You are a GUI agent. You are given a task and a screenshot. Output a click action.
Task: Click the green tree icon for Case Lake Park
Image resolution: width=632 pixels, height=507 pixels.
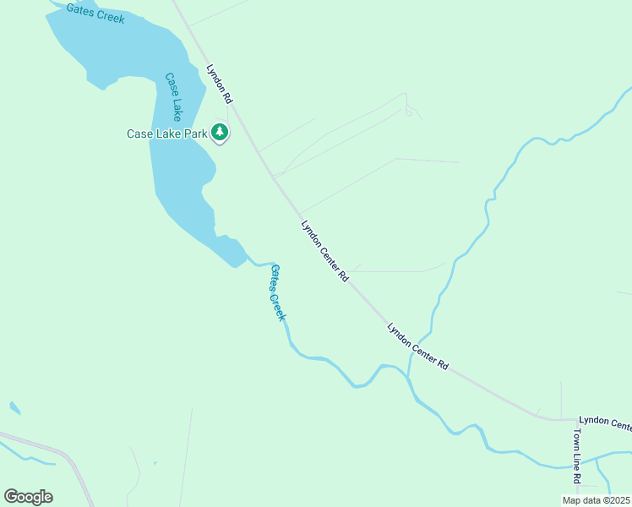pos(220,132)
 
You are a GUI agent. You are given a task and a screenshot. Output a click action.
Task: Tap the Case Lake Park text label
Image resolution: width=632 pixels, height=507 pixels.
pos(166,134)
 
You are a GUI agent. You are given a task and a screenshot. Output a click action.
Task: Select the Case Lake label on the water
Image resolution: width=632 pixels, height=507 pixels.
pos(173,95)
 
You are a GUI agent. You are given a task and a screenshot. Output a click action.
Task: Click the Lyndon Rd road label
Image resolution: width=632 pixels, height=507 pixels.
pos(220,84)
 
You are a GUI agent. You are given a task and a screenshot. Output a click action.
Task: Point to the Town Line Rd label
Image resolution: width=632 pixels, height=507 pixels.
pos(577,455)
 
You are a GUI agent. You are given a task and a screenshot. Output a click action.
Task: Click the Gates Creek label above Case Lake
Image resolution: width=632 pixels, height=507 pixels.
pos(95,12)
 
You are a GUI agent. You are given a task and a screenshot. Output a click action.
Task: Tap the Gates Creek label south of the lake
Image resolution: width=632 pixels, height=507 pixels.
pos(278,292)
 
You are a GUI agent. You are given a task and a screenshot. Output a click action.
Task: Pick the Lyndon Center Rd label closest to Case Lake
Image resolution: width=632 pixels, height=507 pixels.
pos(325,250)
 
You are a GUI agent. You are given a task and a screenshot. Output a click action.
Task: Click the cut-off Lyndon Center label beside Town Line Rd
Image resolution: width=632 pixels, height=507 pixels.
pos(604,422)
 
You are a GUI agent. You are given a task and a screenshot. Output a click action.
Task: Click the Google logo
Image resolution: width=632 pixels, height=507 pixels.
pos(28,496)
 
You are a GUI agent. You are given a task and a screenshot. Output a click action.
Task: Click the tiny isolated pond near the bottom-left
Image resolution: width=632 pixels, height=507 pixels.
pos(14,408)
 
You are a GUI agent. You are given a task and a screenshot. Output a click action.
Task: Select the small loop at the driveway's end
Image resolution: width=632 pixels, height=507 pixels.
pos(409,112)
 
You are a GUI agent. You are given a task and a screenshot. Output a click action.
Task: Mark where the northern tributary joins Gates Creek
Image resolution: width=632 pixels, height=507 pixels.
pos(408,377)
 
